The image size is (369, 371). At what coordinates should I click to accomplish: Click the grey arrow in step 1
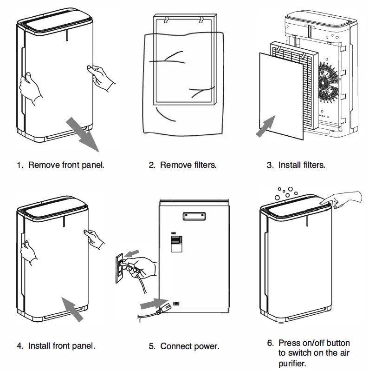tap(83, 134)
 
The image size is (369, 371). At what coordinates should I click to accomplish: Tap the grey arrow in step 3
tap(266, 126)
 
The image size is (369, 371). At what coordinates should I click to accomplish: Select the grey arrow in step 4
tap(72, 309)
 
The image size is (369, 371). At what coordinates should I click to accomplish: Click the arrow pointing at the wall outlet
tap(131, 253)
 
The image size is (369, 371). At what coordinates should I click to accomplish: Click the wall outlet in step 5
tap(120, 268)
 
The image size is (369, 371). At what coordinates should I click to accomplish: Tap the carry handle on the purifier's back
tap(194, 216)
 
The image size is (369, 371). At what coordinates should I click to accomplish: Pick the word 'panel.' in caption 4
tap(84, 346)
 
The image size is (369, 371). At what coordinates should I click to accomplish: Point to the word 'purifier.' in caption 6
tap(292, 364)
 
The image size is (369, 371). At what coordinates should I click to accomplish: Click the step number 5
tap(152, 346)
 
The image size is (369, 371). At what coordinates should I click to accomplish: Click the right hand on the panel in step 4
tap(94, 239)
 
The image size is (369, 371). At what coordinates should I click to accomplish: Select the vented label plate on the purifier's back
tap(177, 243)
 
